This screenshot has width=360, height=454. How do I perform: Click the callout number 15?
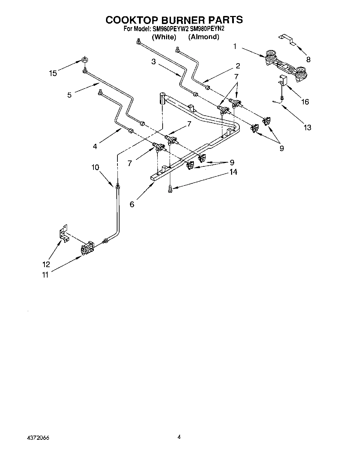tap(53, 73)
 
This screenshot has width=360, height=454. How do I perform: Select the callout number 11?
tap(46, 275)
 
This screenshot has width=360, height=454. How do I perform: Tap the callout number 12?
tap(46, 264)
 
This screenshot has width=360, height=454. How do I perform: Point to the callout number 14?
tap(233, 172)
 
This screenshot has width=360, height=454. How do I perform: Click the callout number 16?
tap(305, 102)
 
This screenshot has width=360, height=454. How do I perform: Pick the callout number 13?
tap(307, 127)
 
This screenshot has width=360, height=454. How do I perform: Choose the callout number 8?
tap(308, 59)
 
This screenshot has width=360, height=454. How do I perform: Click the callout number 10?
tap(95, 167)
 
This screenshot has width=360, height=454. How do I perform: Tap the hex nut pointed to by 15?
tap(84, 59)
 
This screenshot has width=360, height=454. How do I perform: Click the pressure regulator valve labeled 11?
tap(87, 248)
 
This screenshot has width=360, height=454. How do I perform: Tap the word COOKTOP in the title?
tap(134, 19)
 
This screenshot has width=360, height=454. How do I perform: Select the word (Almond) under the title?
tap(204, 37)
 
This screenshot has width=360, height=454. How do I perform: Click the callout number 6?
tap(132, 204)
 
